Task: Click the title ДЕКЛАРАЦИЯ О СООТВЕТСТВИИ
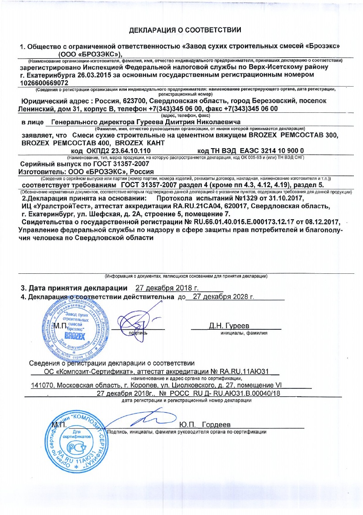(x=185, y=31)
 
